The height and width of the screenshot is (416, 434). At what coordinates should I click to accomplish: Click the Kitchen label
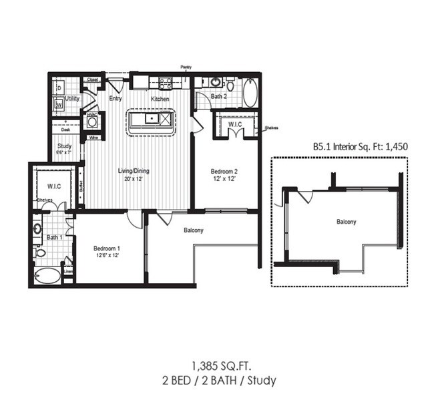pos(160,99)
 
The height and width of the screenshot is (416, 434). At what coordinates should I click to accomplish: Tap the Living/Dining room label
pos(134,171)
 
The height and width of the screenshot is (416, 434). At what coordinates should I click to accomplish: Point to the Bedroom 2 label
pos(225,171)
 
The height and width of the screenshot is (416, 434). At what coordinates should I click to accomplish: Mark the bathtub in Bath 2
pos(250,94)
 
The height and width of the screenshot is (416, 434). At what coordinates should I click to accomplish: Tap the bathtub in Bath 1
pos(47,275)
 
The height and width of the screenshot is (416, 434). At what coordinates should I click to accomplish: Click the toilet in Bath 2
pos(230,85)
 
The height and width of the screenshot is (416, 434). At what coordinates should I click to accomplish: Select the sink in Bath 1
pos(37,229)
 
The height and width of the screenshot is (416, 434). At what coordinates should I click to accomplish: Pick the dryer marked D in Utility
pos(59,87)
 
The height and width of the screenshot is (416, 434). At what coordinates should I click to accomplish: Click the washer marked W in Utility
pos(59,103)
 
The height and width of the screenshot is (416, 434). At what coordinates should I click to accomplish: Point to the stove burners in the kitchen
pos(165,83)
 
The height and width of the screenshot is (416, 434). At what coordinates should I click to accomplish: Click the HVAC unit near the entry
pos(92,123)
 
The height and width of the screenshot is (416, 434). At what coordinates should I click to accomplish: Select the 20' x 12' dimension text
pos(134,179)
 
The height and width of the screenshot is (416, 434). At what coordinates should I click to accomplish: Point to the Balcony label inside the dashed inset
pos(346,222)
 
